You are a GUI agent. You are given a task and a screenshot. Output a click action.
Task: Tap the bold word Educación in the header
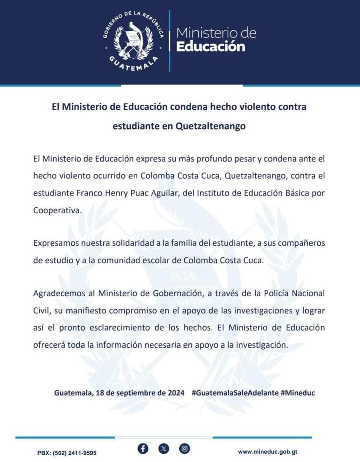[x=210, y=47]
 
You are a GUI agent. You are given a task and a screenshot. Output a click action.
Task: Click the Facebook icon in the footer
[x=143, y=448]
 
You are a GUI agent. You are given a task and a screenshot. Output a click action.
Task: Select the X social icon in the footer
[x=164, y=448]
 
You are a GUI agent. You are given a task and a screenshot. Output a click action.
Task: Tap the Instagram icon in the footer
[x=185, y=448]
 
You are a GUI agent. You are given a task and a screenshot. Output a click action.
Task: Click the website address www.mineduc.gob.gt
[x=267, y=452]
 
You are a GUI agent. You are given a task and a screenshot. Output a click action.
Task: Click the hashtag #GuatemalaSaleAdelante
[x=234, y=393]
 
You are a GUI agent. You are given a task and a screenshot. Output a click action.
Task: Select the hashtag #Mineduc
[x=298, y=393]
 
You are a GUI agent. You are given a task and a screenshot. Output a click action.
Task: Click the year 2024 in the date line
[x=175, y=393]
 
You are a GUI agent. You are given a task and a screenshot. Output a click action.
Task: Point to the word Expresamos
[x=55, y=243]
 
